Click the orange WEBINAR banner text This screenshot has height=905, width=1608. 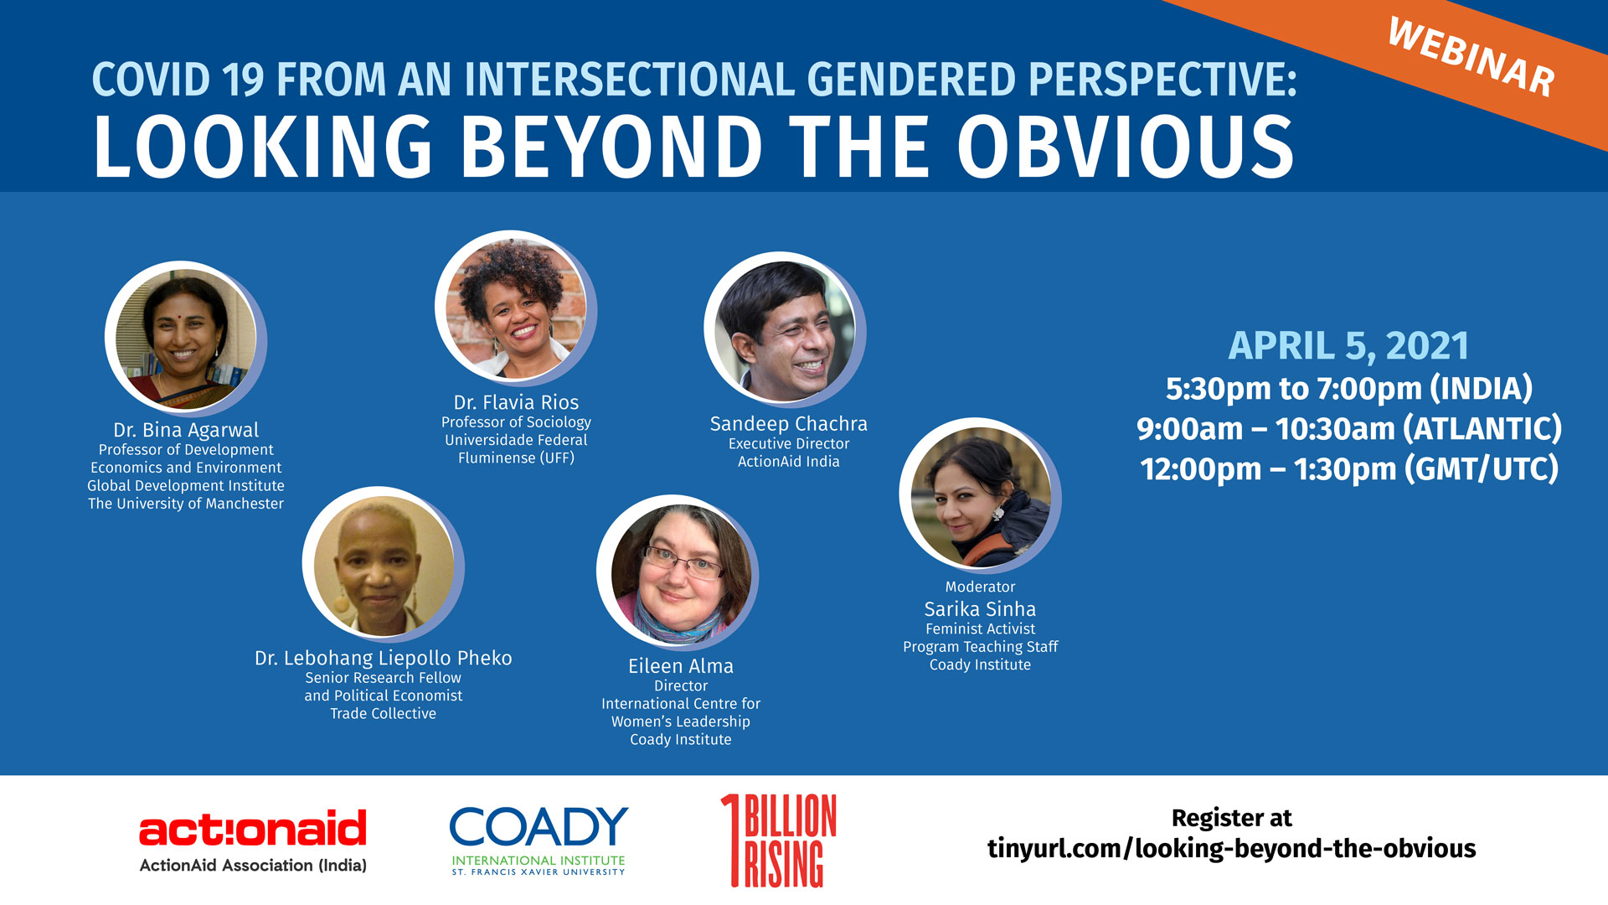coord(1471,57)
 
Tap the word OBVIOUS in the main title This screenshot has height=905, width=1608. coord(1126,147)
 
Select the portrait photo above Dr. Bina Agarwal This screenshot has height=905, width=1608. coord(184,338)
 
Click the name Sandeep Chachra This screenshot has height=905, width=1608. coord(789,424)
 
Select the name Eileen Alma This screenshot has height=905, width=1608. coord(681,666)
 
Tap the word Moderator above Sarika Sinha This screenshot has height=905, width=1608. coord(980,587)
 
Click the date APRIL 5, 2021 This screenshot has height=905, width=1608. coord(1348,346)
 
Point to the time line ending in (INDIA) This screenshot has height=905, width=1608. coord(1349,389)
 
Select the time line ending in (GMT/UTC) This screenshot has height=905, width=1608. coord(1349,469)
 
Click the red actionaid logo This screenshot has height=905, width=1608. coord(253,840)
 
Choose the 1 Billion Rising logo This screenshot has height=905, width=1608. coord(778,840)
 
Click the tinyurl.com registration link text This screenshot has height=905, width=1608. coord(1231,849)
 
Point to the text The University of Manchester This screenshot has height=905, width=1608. coord(186,504)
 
